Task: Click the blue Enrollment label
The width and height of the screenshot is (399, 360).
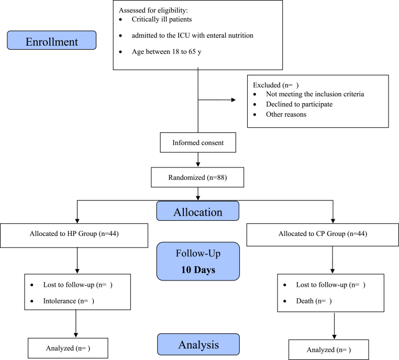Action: [52, 40]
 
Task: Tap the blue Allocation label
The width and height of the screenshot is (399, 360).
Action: [198, 211]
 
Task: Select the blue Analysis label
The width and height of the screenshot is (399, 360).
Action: [198, 344]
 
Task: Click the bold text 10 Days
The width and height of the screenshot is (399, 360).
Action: [198, 270]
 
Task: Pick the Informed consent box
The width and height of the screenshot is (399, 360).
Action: [198, 142]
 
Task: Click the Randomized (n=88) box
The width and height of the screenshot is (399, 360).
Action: [197, 177]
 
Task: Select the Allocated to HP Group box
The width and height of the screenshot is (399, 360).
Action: [74, 235]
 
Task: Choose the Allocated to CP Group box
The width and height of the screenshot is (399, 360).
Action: [323, 234]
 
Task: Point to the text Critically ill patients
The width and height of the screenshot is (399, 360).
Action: [162, 19]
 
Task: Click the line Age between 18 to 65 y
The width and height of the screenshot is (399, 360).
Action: [167, 52]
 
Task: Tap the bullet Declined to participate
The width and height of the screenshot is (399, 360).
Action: [300, 104]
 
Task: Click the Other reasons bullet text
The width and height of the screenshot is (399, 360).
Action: [286, 115]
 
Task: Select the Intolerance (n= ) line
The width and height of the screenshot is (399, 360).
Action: [69, 301]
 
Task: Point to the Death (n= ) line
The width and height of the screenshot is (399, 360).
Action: [314, 301]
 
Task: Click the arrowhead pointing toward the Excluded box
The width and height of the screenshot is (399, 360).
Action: [234, 100]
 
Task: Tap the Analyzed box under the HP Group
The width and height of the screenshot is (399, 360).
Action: [68, 348]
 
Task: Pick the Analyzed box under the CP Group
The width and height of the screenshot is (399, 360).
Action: [328, 350]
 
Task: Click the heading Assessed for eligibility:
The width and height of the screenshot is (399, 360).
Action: [153, 10]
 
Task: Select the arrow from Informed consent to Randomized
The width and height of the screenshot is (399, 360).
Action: [198, 160]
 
